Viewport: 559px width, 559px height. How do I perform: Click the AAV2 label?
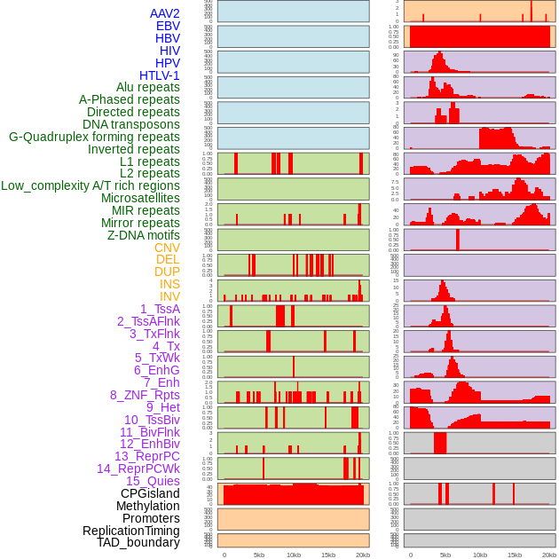tap(164, 13)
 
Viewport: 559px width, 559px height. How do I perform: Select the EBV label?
tap(168, 26)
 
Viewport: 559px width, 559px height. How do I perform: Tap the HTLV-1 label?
tap(160, 75)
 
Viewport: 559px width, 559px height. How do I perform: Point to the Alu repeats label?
tap(148, 87)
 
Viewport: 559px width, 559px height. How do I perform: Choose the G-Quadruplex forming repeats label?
tap(94, 137)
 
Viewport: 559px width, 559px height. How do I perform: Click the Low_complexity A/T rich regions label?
tap(91, 185)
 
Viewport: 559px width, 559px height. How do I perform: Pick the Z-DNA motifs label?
tap(144, 235)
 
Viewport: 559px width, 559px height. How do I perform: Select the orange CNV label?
tap(167, 248)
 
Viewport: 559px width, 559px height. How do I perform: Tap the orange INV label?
tap(169, 296)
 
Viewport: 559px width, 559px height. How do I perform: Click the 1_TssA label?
tap(160, 309)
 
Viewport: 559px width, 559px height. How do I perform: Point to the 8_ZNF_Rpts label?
tap(145, 395)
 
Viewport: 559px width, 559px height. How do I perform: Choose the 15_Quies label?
tap(153, 481)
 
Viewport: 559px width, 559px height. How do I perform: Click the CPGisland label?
tap(150, 493)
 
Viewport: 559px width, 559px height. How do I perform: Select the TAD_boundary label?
tap(138, 542)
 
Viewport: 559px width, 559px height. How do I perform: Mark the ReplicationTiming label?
tap(131, 531)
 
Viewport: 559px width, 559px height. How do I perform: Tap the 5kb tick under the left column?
tap(259, 555)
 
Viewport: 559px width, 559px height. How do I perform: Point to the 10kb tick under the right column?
tap(480, 555)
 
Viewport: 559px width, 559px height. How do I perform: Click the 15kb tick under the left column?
tap(328, 555)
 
